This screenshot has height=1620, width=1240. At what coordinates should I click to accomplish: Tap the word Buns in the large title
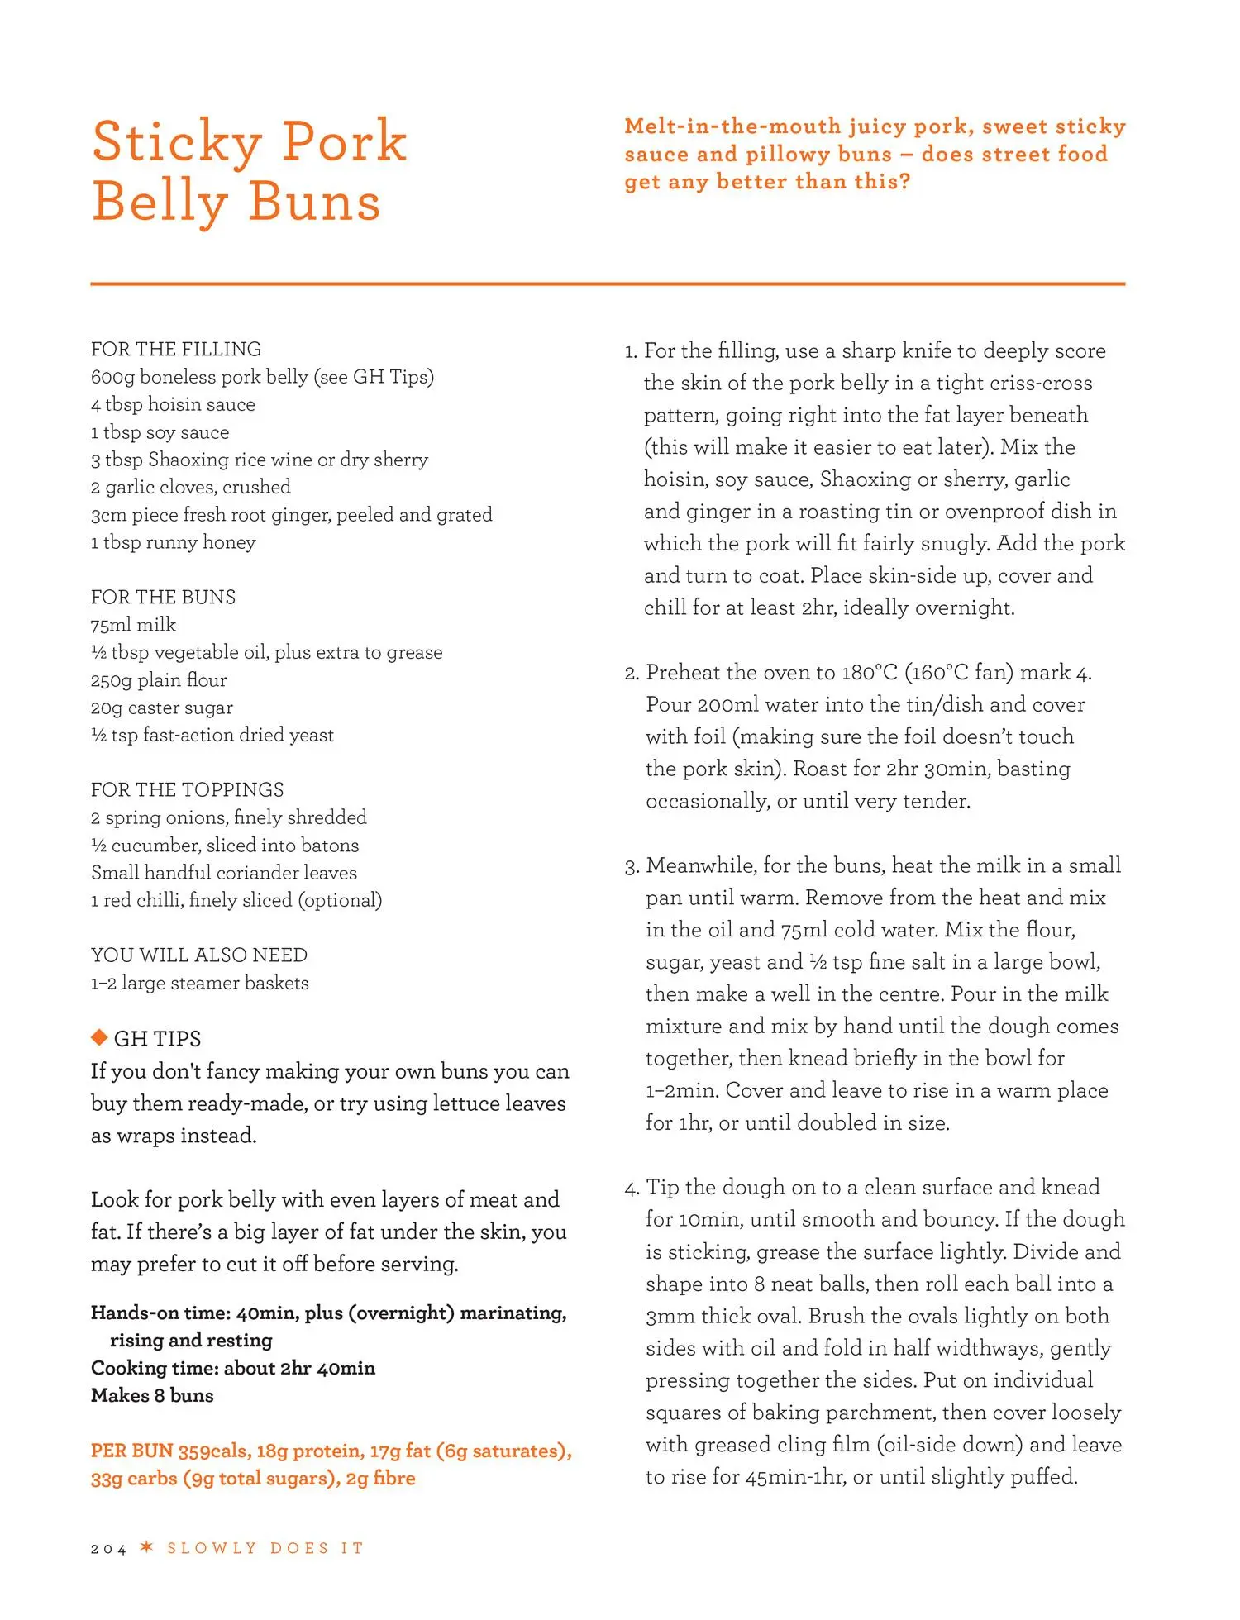pos(314,202)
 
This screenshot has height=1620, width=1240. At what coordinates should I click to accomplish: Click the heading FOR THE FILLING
pos(176,349)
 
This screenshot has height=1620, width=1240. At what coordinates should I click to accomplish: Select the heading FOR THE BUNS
pos(163,597)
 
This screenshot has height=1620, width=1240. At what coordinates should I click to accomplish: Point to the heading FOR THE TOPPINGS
pos(187,789)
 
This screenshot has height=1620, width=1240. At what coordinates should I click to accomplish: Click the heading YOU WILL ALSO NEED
pos(198,955)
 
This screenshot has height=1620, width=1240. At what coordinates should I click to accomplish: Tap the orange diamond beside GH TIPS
pos(99,1036)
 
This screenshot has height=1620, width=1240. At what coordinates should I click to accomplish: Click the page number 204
pos(108,1549)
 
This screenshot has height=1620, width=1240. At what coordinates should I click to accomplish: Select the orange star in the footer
pos(147,1547)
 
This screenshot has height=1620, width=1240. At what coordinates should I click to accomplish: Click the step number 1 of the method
pos(631,352)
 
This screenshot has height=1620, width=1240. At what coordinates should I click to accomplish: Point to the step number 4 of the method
pos(632,1189)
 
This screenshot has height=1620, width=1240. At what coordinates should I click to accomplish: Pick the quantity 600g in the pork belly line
pos(112,377)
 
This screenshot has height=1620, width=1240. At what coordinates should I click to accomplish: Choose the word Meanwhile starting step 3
pos(701,865)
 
